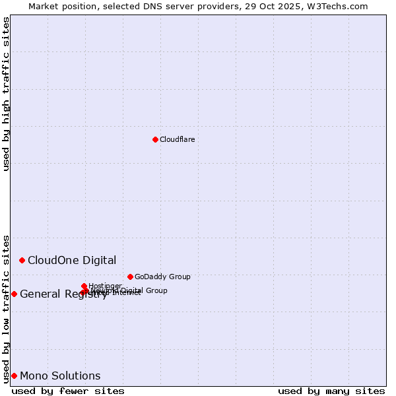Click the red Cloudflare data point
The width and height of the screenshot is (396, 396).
point(155,139)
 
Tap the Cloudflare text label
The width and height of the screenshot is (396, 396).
point(177,139)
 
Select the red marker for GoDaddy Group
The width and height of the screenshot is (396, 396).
point(130,277)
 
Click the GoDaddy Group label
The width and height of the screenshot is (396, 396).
point(162,277)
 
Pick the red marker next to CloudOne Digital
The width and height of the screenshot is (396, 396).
point(22,260)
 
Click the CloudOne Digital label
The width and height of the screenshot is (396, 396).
point(72,260)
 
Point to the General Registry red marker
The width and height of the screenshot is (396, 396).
point(14,294)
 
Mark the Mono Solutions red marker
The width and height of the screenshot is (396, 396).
point(14,376)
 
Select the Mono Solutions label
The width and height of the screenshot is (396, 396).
point(60,376)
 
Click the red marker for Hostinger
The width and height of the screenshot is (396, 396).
point(84,286)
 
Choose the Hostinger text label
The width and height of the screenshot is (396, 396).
point(105,286)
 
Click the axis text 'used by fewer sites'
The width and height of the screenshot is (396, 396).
point(68,391)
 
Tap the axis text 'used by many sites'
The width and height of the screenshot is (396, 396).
point(331,391)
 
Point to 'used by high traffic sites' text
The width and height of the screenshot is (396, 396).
point(6,94)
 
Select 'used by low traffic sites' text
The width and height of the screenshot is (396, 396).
point(6,308)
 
